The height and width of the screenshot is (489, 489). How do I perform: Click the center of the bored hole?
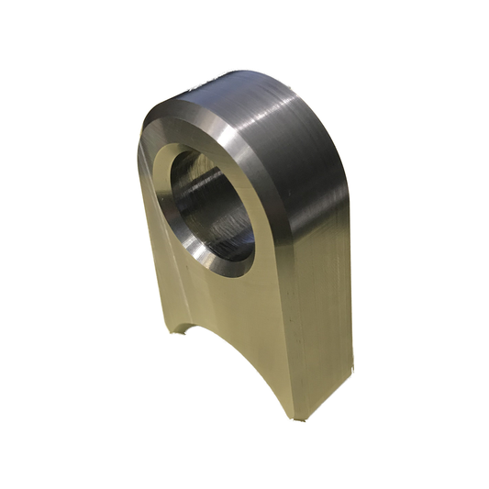coord(208,205)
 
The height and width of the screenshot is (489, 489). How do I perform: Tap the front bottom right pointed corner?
coord(292,417)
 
